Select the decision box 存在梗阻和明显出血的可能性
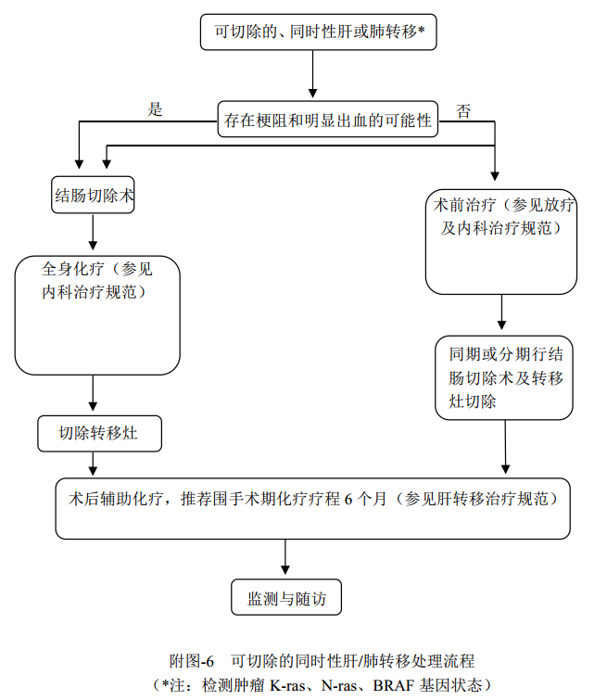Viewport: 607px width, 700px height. (x=328, y=120)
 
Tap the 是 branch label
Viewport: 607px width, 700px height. (x=156, y=109)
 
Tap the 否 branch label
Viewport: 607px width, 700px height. (x=463, y=111)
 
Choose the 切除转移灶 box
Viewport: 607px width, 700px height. (x=99, y=433)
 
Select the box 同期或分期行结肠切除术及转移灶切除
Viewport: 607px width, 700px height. (x=504, y=377)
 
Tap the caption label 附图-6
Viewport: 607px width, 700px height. (x=192, y=661)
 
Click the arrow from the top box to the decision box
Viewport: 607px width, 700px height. (x=313, y=74)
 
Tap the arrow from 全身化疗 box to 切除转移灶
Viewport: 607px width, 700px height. (x=93, y=393)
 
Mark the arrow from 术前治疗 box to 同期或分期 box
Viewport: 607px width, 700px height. (x=502, y=313)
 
